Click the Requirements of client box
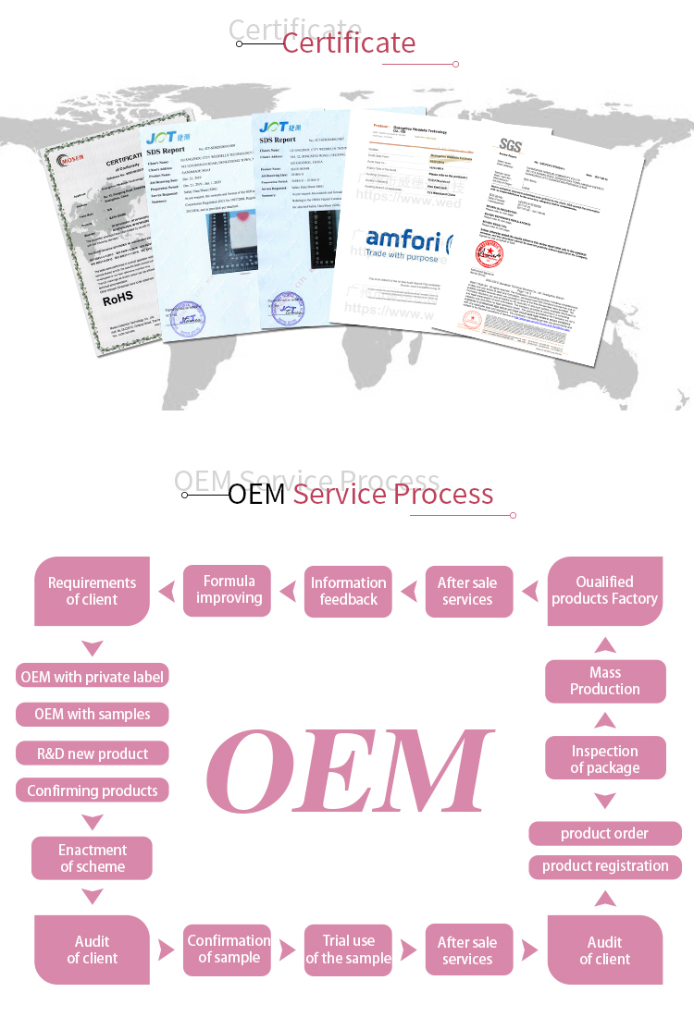coord(92,591)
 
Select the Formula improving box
coord(229,590)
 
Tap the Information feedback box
coord(348,591)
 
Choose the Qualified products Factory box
coord(604,591)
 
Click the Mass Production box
coord(604,680)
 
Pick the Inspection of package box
coord(604,759)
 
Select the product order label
coord(604,833)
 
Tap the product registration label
coord(604,866)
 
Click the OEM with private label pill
coord(92,677)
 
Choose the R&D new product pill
coord(92,754)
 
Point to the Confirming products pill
coord(92,790)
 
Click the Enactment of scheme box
coord(92,858)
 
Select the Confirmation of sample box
coord(229,949)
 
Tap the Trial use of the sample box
coord(348,950)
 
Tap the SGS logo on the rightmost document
coord(510,144)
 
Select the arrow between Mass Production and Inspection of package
coord(604,719)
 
